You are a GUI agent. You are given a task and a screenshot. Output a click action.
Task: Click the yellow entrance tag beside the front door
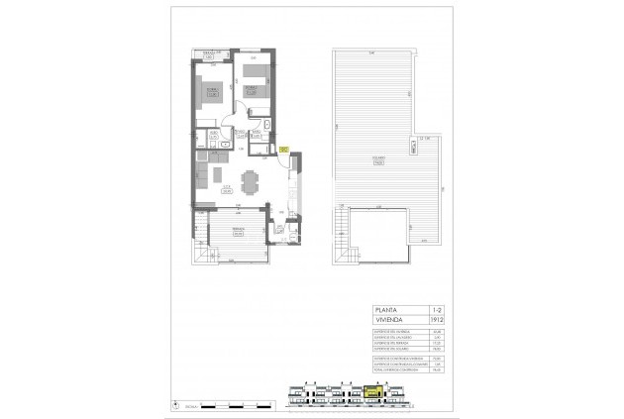(x=282, y=150)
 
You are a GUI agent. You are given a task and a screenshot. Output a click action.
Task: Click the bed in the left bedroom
(x=212, y=94)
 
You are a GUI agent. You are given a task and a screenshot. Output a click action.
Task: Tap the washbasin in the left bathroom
(x=227, y=143)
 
